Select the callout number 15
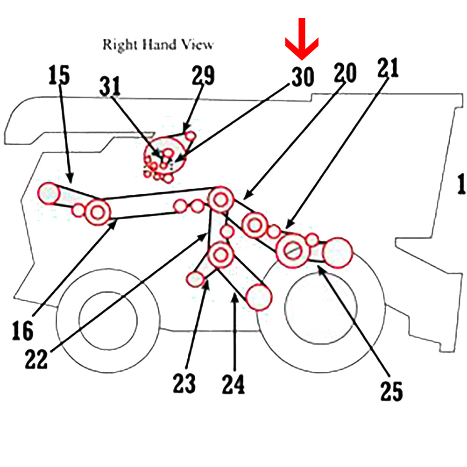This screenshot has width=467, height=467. coord(58,75)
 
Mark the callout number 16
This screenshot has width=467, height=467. coord(22,331)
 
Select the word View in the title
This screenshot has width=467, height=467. coord(197,45)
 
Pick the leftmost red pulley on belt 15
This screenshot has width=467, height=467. coord(49,193)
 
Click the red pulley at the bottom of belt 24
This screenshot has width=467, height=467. coord(258,296)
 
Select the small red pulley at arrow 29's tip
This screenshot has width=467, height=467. coord(190,135)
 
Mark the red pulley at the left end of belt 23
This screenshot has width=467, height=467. coord(196,279)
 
